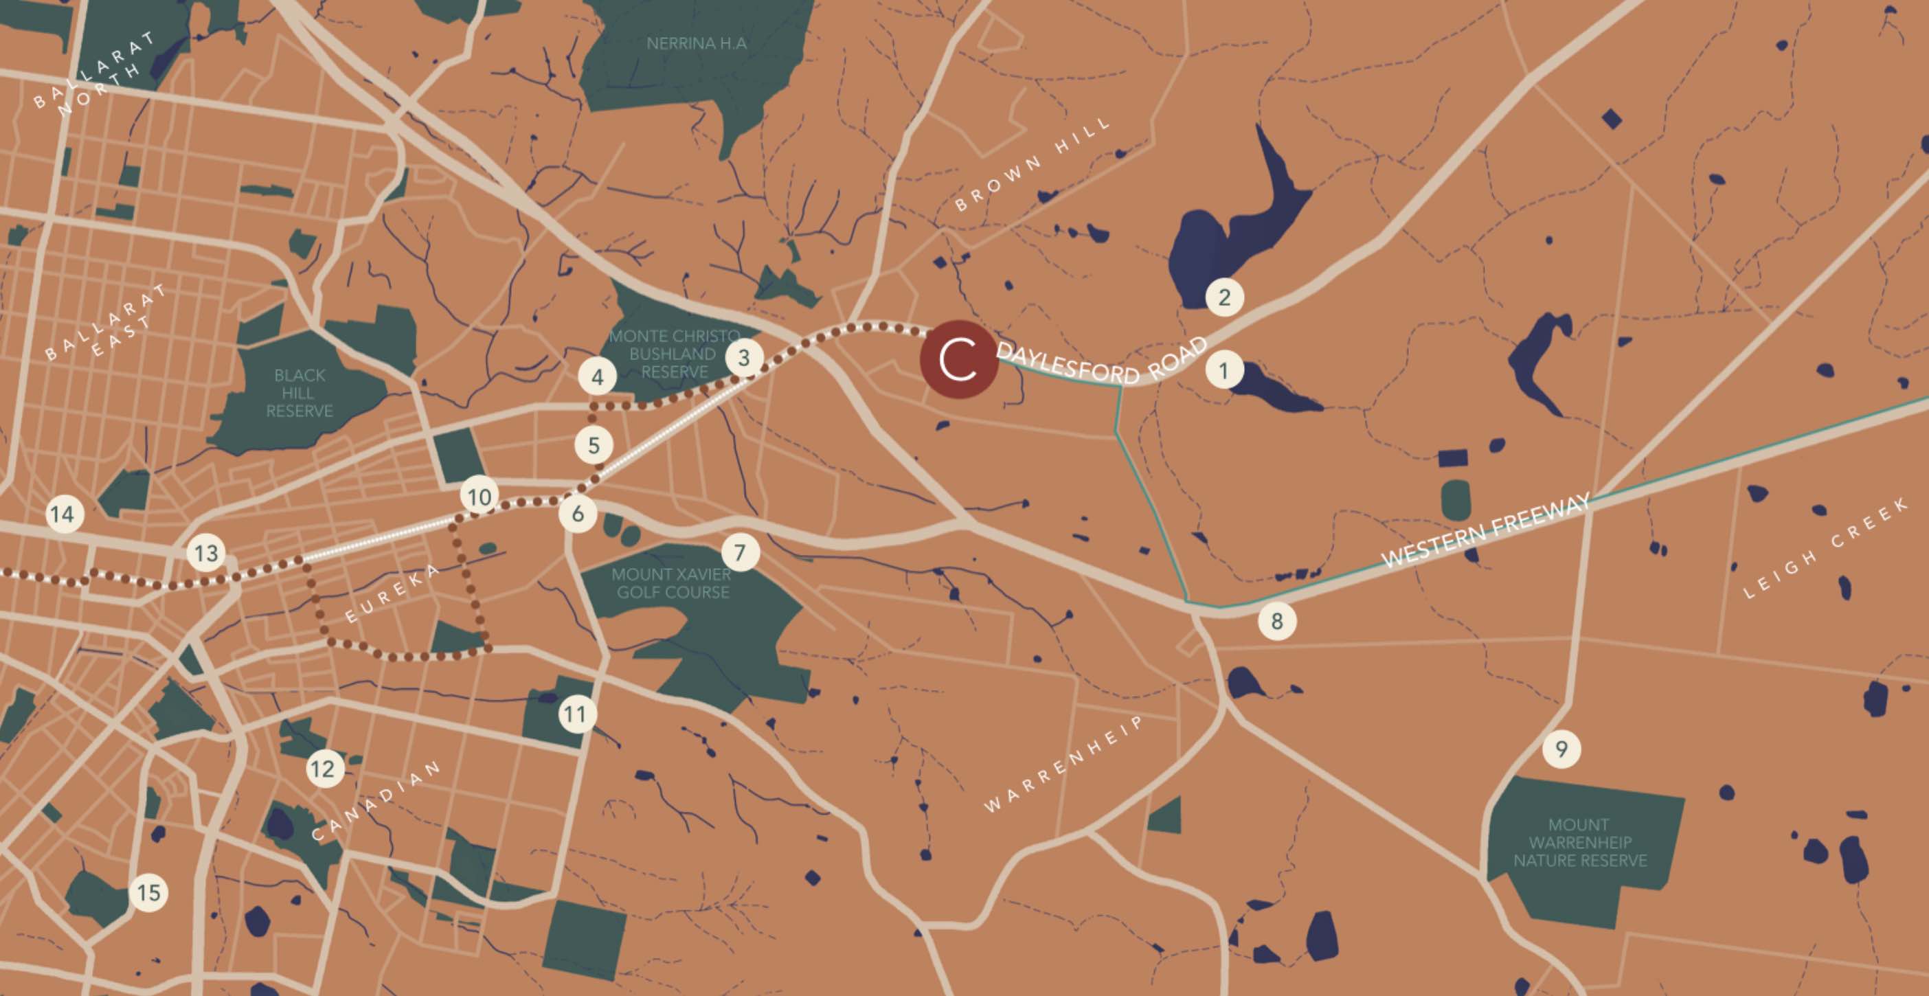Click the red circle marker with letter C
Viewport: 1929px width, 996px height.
tap(958, 359)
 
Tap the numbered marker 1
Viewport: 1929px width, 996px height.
tap(1223, 370)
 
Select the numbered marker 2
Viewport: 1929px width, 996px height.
tap(1224, 297)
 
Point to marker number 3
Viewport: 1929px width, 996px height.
tap(743, 358)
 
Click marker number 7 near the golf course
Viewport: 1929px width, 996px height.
tap(740, 553)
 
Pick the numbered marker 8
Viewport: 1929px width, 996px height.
tap(1277, 621)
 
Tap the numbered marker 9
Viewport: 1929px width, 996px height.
tap(1561, 749)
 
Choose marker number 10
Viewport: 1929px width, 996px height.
tap(480, 497)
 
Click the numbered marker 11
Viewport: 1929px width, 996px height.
tap(575, 714)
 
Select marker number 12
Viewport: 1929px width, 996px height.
tap(324, 769)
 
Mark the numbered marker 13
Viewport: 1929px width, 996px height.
tap(206, 554)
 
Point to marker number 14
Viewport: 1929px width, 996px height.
tap(63, 514)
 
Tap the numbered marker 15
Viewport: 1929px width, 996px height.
tap(149, 893)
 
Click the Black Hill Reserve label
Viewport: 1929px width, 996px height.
tap(300, 393)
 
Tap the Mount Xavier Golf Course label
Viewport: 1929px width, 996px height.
tap(671, 583)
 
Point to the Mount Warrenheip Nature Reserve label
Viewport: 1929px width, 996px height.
tap(1580, 843)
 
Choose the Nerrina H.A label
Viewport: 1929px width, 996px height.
tap(697, 43)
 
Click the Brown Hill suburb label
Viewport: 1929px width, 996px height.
tap(1033, 165)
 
